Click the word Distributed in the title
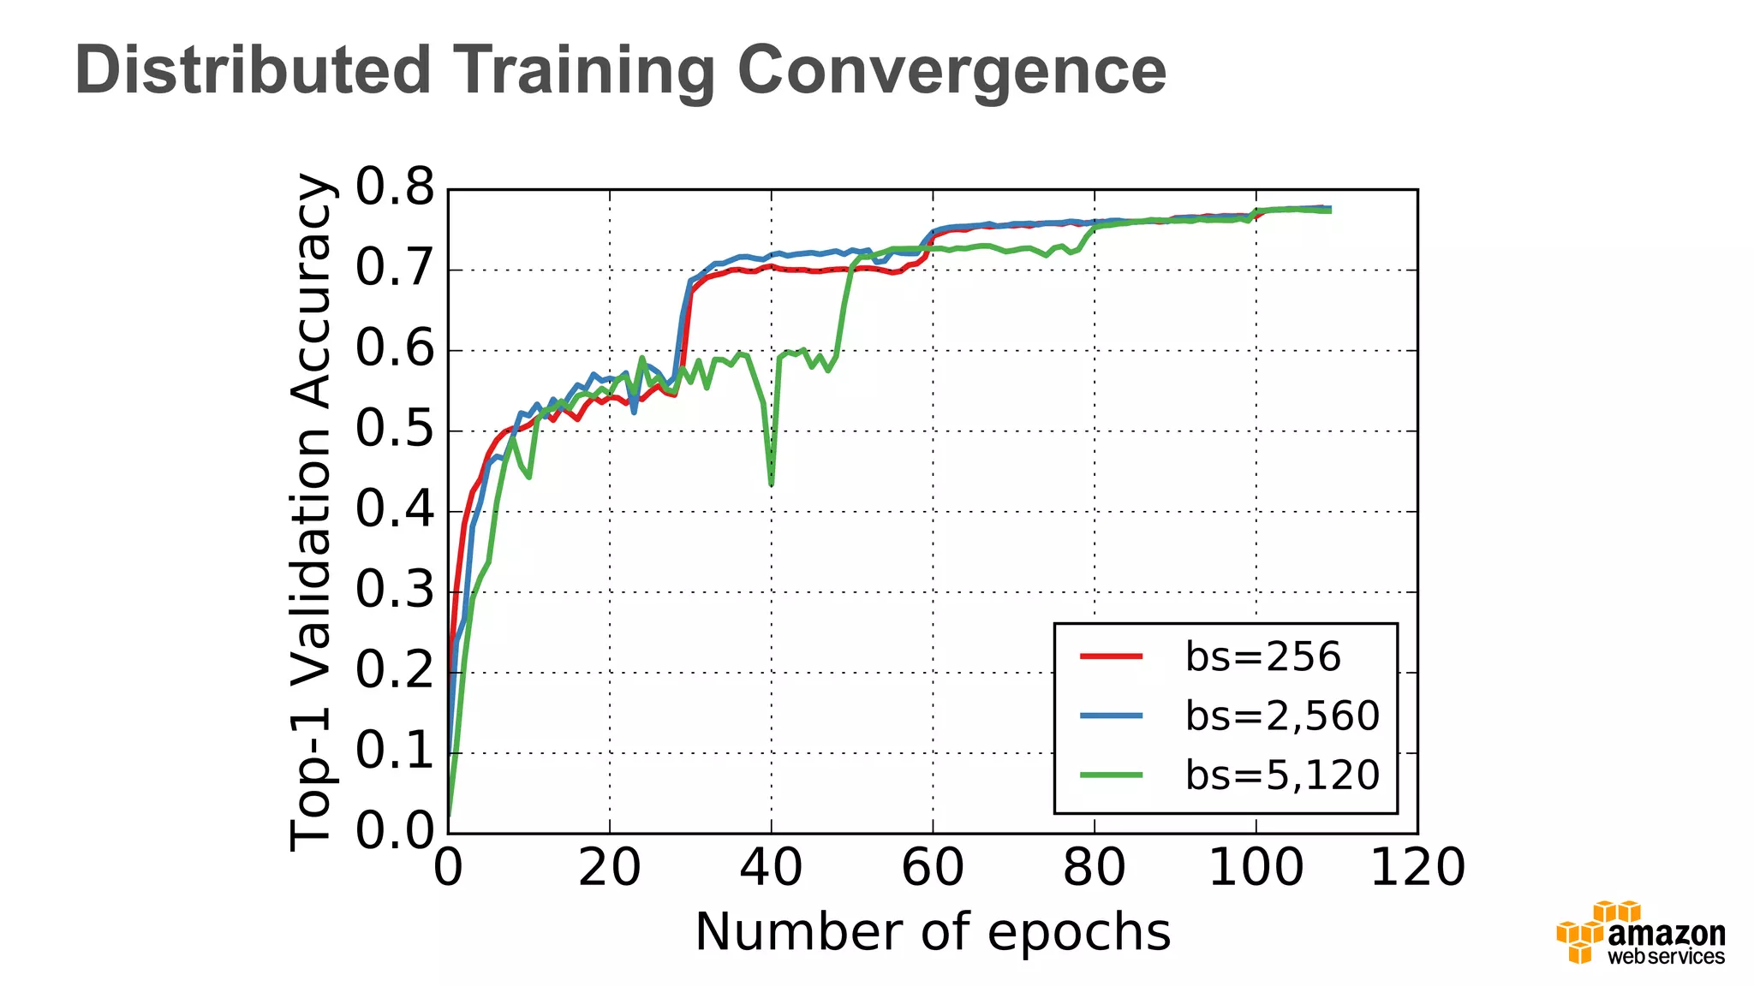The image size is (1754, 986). point(253,70)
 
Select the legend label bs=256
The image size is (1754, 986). point(1262,657)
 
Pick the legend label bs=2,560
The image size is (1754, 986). point(1282,716)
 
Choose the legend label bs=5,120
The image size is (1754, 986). point(1282,775)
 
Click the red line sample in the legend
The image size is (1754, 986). point(1111,656)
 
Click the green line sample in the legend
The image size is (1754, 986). point(1111,775)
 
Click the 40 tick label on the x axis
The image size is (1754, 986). point(771,867)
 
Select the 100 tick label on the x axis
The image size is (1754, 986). point(1256,867)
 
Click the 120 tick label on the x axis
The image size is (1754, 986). point(1417,867)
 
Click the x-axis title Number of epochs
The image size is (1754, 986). point(932,932)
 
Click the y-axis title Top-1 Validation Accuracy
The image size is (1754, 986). point(310,511)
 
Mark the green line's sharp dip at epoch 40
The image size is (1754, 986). point(772,482)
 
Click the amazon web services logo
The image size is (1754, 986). point(1640,933)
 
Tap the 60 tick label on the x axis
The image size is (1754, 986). point(932,867)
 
